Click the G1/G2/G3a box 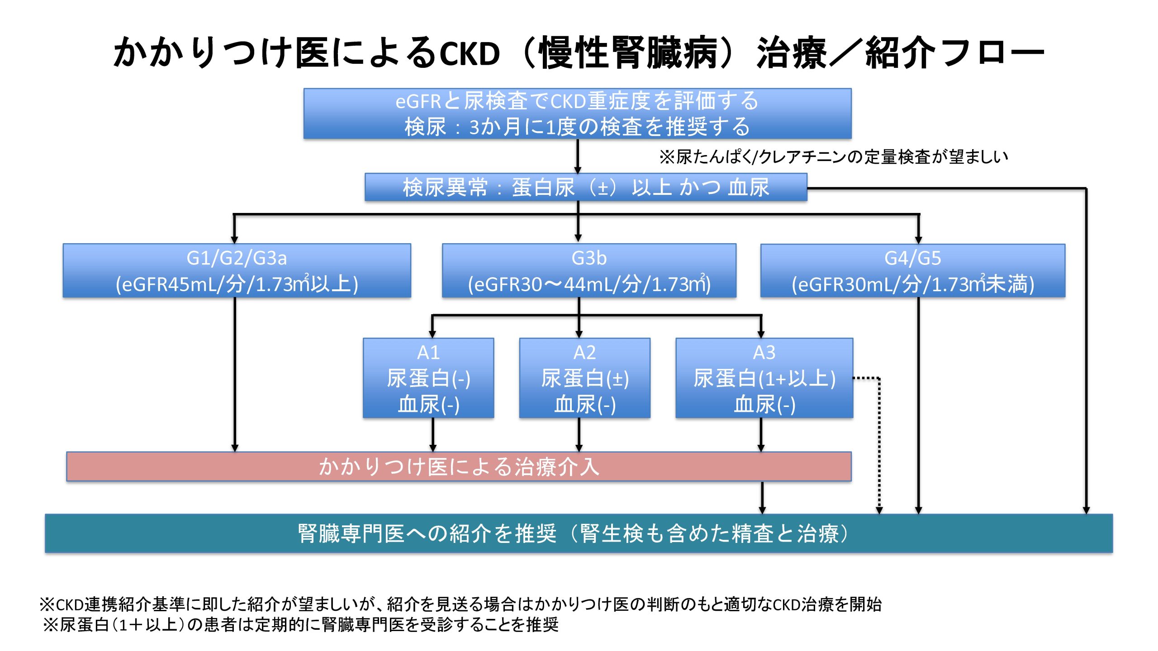[237, 271]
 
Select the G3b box [589, 271]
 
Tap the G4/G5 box [912, 271]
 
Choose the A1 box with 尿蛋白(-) [428, 378]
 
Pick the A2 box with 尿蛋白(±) [584, 378]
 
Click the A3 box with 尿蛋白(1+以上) [764, 378]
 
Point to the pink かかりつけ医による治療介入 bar [459, 467]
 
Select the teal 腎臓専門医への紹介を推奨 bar [578, 533]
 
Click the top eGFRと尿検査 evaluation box [577, 113]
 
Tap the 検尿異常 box [585, 187]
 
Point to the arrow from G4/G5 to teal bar [918, 407]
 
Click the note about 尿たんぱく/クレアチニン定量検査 [833, 157]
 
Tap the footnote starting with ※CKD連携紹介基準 [460, 604]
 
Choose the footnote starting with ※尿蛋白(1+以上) [301, 625]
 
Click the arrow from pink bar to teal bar [762, 497]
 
